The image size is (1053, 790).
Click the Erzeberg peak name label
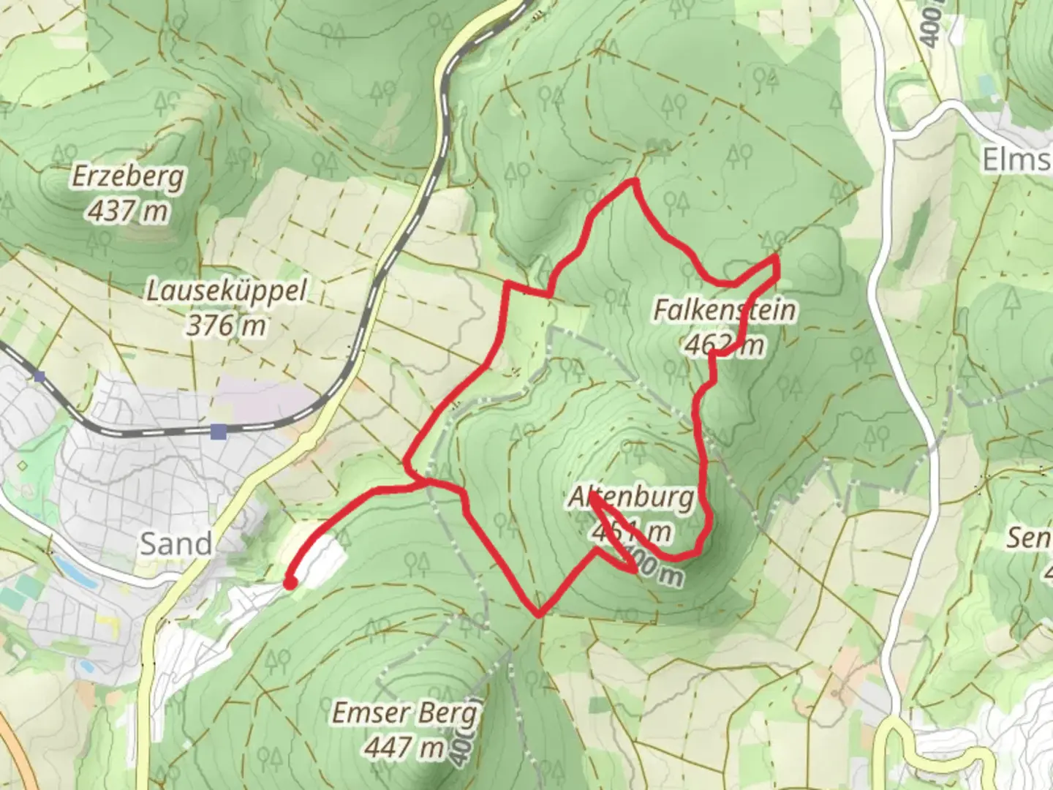tap(129, 177)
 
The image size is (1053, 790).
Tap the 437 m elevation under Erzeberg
tap(129, 211)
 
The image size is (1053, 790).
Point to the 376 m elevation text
tap(226, 326)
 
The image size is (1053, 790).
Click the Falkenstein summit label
tap(724, 310)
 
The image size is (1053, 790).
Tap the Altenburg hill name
tap(632, 498)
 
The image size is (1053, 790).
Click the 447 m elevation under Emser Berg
tap(404, 747)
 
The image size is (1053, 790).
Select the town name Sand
tap(175, 543)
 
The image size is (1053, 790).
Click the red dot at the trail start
tap(290, 583)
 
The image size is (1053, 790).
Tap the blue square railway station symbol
tap(218, 432)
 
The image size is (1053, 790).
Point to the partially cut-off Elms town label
tap(1016, 158)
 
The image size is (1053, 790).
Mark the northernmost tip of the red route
tap(635, 180)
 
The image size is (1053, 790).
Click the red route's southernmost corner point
tap(539, 614)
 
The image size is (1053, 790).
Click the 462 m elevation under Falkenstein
tap(724, 344)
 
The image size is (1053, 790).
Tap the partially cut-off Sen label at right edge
tap(1030, 538)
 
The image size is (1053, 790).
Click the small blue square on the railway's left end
tap(39, 377)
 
